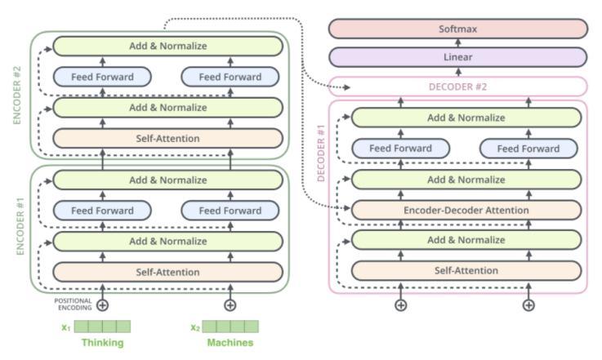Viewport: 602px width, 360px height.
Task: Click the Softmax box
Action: pos(457,29)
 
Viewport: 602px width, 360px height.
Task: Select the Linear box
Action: pos(457,57)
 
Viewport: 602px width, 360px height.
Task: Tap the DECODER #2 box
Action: pos(457,87)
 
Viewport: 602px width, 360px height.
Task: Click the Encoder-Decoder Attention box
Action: pos(466,210)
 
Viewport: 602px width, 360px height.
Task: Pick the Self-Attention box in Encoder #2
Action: pos(167,138)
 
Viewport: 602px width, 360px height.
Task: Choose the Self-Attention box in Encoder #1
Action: pos(167,271)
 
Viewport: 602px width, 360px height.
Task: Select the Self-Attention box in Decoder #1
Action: pos(466,270)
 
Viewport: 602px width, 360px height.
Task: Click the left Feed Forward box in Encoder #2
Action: pos(104,78)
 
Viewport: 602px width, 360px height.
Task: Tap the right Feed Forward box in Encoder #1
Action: pos(231,211)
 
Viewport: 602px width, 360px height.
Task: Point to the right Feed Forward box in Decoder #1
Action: pos(530,149)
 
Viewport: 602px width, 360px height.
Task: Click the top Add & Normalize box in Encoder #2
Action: pos(167,47)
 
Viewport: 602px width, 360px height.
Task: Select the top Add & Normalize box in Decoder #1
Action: pos(466,118)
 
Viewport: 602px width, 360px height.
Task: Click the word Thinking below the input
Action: pos(102,343)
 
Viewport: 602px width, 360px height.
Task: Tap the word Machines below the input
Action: pos(230,343)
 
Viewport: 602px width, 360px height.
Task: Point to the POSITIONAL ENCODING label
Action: pos(74,304)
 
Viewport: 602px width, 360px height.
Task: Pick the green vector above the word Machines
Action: pos(230,327)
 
